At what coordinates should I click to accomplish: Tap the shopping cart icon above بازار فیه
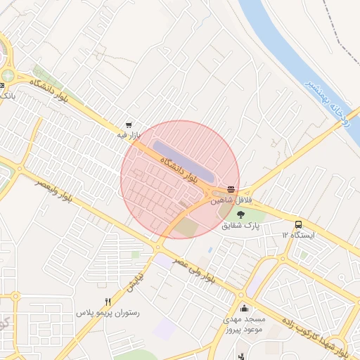(128, 121)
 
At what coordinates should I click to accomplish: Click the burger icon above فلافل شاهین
(231, 188)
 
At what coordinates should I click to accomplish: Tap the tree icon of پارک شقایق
(241, 214)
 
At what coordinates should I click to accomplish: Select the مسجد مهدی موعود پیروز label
(243, 323)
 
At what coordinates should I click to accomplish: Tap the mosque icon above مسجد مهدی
(244, 307)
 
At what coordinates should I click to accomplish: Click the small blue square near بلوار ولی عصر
(210, 250)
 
